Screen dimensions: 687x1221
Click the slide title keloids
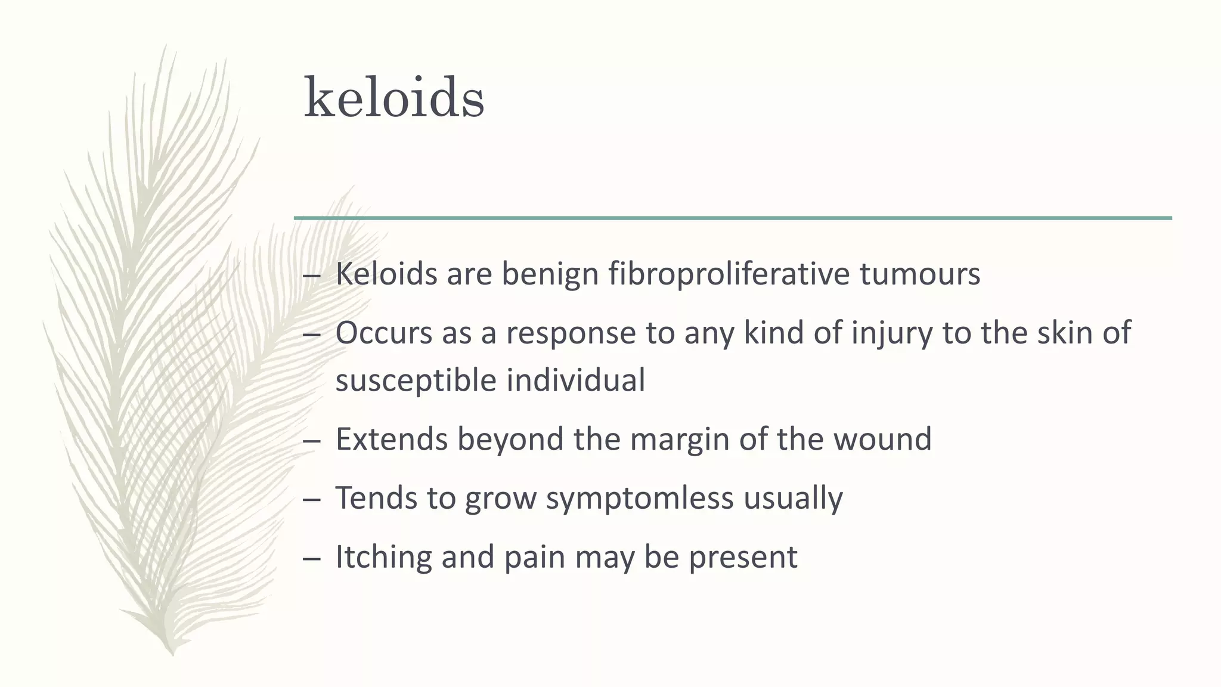tap(394, 97)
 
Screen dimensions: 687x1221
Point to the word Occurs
tap(383, 333)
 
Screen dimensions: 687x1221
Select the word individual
tap(575, 380)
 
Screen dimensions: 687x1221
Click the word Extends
tap(391, 439)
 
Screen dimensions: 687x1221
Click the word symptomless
tap(639, 498)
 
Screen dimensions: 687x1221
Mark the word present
tap(743, 557)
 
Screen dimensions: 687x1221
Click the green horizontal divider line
tap(733, 218)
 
